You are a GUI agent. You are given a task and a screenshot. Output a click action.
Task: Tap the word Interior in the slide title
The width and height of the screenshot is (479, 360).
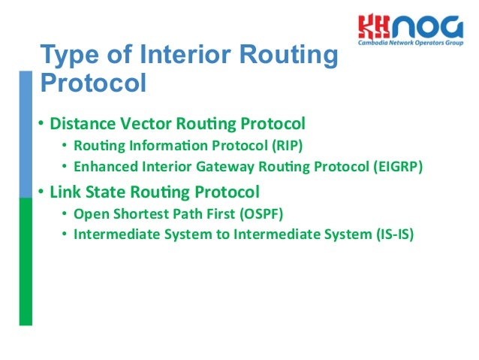click(204, 56)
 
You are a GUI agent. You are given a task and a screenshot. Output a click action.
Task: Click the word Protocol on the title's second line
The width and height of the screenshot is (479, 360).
click(92, 82)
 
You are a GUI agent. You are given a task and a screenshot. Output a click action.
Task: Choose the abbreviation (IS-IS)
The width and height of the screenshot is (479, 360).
click(393, 234)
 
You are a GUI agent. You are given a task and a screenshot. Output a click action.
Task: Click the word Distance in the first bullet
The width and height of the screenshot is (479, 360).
click(80, 123)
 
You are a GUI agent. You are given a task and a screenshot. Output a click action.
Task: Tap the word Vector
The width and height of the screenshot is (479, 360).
click(142, 123)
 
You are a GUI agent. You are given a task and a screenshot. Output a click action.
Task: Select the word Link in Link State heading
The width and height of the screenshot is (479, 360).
click(65, 191)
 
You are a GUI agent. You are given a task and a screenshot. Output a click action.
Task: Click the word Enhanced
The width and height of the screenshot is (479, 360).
click(104, 166)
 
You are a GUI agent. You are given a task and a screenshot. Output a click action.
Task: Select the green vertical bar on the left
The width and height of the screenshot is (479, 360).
click(26, 248)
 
